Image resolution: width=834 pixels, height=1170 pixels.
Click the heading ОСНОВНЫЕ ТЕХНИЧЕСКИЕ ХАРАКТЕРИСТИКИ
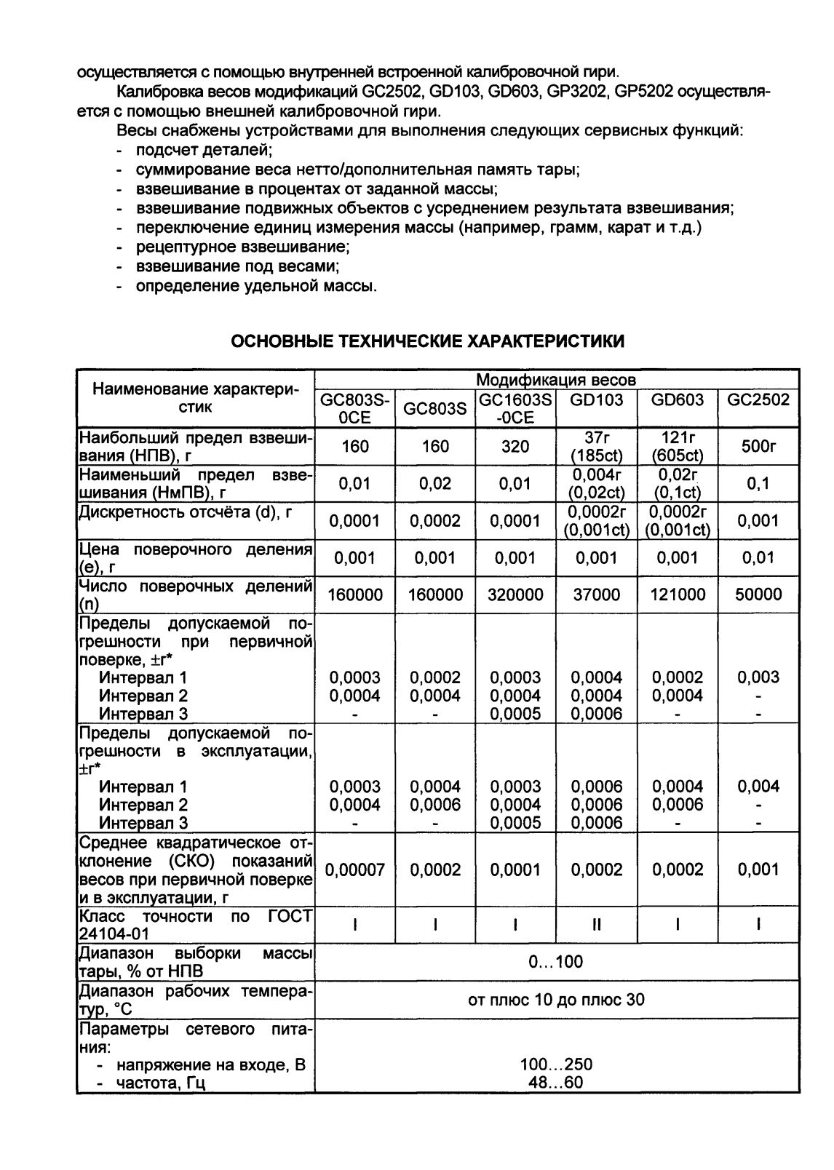click(428, 341)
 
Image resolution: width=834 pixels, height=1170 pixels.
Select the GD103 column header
click(596, 400)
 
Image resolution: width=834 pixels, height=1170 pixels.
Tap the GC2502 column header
click(758, 400)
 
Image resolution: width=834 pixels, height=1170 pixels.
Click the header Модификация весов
click(556, 380)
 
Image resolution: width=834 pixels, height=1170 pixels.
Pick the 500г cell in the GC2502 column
click(758, 446)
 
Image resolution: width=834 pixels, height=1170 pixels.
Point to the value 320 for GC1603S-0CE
click(515, 446)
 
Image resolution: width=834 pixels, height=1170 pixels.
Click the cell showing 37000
click(596, 594)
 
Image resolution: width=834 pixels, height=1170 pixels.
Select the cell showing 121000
click(678, 594)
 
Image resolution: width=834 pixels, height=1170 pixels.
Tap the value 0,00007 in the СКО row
click(355, 869)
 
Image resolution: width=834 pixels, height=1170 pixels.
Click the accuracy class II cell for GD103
click(596, 925)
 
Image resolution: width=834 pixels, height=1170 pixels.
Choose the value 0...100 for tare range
click(556, 962)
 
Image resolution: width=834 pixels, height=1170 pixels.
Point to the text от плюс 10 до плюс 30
click(556, 999)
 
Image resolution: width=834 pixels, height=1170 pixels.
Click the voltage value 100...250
click(556, 1064)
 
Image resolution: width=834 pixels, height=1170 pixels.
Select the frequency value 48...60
click(556, 1082)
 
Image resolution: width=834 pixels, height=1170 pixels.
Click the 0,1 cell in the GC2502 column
click(758, 484)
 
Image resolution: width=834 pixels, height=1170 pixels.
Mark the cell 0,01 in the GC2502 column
click(758, 558)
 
